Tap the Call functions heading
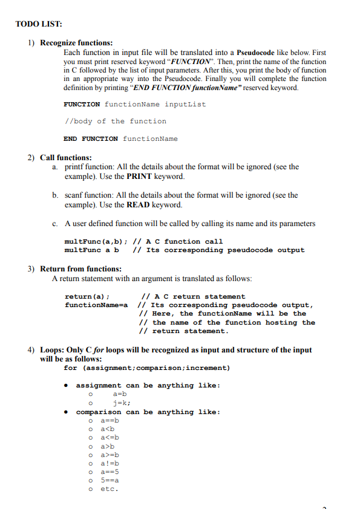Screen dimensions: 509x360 (x=66, y=158)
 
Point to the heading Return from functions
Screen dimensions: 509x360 (x=80, y=268)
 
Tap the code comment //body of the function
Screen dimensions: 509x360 (x=115, y=122)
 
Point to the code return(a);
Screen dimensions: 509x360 (x=87, y=296)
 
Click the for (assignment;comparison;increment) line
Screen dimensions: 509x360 (x=146, y=368)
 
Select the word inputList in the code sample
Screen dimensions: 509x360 (x=185, y=104)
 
